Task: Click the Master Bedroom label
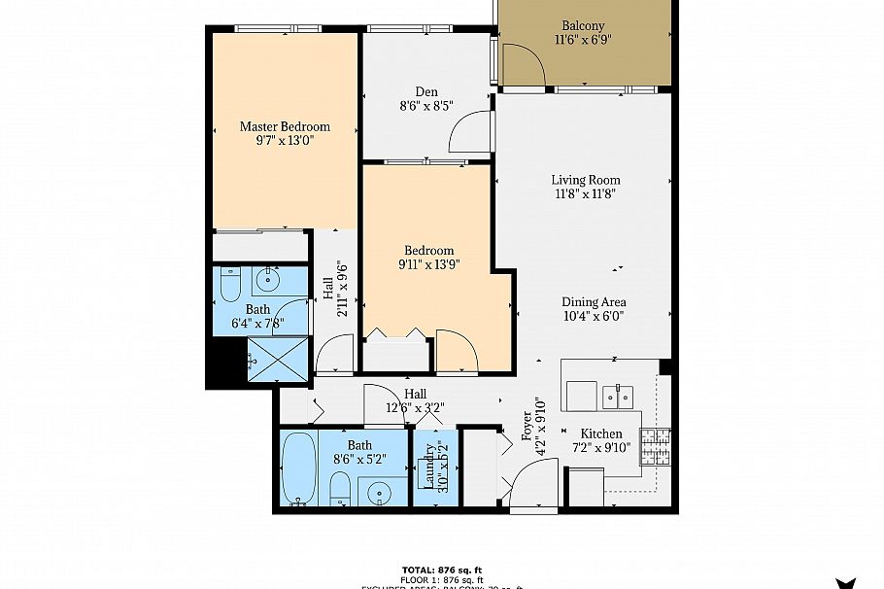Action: coord(285,126)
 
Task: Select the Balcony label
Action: coord(583,25)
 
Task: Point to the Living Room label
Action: coord(585,180)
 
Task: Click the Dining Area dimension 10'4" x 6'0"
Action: coord(593,316)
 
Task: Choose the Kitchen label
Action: coord(600,433)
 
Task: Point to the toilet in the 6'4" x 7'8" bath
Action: coord(230,284)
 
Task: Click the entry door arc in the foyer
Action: coord(532,484)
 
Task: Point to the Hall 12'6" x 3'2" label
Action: coord(415,400)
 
